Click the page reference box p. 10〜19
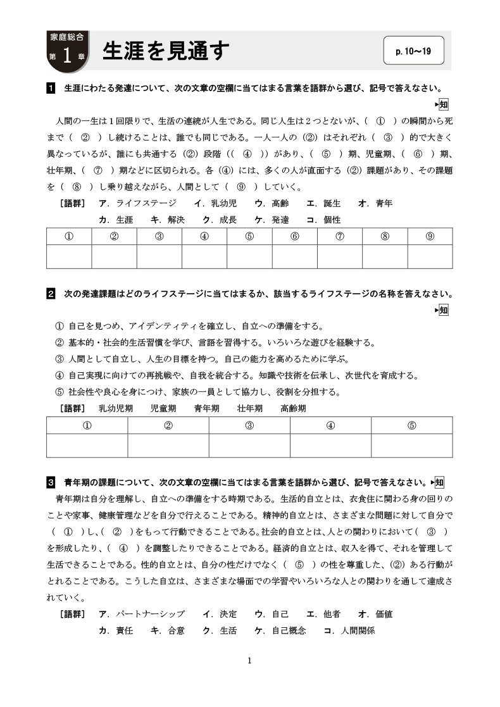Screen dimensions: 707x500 [413, 51]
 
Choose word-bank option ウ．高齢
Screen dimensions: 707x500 [272, 203]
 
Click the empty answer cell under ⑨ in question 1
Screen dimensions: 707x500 [430, 256]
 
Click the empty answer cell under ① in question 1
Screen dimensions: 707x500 [69, 256]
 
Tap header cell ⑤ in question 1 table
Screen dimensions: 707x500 [249, 236]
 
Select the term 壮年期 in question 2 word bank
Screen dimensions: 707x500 [250, 408]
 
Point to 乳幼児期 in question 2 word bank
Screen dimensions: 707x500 [116, 408]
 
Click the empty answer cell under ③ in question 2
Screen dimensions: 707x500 [249, 445]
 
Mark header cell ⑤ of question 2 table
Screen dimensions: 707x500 [411, 425]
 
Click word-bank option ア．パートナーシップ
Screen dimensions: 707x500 [142, 614]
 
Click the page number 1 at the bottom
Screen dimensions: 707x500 [249, 661]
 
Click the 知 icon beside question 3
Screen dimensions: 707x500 [440, 482]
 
